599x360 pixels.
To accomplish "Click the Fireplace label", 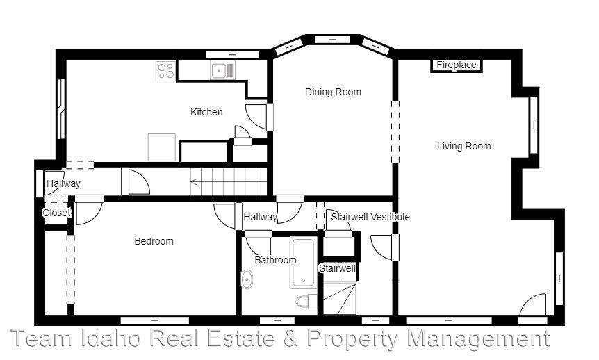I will coord(457,65).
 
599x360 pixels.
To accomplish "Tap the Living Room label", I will coord(463,146).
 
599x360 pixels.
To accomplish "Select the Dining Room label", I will coord(333,92).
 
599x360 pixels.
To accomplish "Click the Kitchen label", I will coord(206,112).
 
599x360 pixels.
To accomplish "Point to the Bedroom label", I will coord(154,241).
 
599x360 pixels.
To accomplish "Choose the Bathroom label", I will coord(275,260).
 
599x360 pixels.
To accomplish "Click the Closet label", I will coord(56,213).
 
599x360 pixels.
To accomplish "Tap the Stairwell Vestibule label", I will coord(370,217).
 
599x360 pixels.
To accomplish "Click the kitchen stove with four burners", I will coord(165,70).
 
